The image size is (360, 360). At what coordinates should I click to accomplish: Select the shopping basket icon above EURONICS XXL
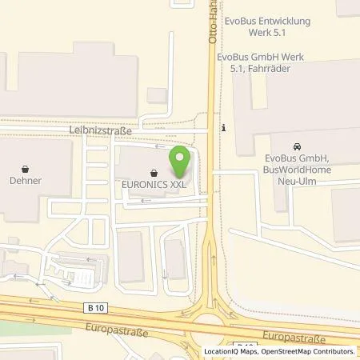point(152,170)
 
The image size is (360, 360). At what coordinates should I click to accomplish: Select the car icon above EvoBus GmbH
point(297,146)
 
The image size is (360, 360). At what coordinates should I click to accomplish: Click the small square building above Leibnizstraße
point(158,96)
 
